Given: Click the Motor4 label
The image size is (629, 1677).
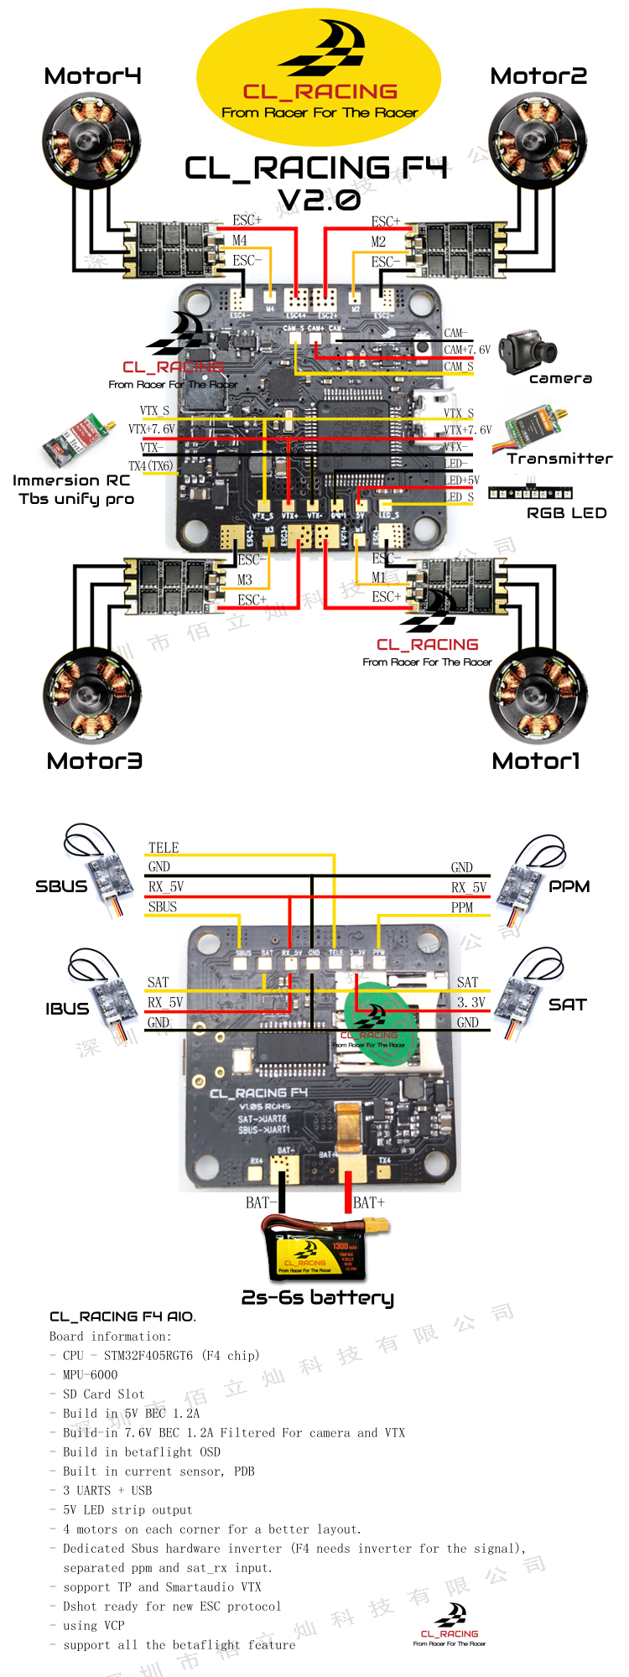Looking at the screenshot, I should coord(92,76).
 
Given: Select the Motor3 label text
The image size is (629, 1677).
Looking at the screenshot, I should coord(94,761).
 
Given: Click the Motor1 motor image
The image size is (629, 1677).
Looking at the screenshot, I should coord(538,696).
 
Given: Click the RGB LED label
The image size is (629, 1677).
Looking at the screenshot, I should coord(566,513).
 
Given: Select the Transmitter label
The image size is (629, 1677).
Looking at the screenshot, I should coord(559,459).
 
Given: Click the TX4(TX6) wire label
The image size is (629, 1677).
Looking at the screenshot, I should coord(150,465).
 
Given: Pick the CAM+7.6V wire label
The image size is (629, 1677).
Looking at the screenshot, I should coord(467,350).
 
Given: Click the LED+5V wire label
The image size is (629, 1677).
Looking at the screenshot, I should coord(462,480).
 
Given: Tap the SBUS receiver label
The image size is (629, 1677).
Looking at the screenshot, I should coord(61,886).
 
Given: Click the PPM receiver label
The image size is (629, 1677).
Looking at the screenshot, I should coord(569,886).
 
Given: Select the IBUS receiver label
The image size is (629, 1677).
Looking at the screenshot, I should coord(67,1009).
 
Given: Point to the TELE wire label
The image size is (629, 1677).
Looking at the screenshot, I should coord(164,848).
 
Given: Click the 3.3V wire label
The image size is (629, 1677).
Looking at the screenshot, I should coord(470,1002).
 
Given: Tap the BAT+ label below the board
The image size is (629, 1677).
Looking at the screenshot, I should coord(369,1202).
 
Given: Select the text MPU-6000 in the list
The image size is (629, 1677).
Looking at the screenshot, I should coord(90,1374).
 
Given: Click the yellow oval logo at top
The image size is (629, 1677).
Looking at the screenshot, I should coord(319,75).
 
